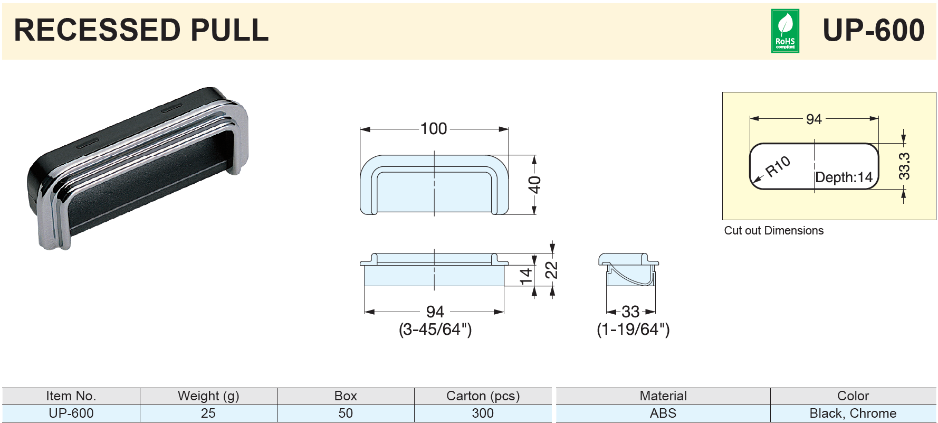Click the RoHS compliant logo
(785, 31)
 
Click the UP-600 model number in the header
(873, 30)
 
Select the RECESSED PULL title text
(141, 30)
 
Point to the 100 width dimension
(434, 128)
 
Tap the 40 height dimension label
(534, 185)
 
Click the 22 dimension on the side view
(551, 270)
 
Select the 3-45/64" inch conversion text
(435, 330)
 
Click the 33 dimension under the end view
(630, 312)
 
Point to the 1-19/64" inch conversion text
(633, 330)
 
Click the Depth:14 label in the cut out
(844, 177)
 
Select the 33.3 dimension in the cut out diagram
(904, 166)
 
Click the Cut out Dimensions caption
(774, 230)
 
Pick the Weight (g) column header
(208, 396)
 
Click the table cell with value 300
(483, 413)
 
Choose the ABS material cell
(663, 413)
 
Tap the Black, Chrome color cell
(853, 413)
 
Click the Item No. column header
(71, 396)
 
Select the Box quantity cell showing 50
(346, 413)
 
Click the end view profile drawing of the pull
(629, 269)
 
